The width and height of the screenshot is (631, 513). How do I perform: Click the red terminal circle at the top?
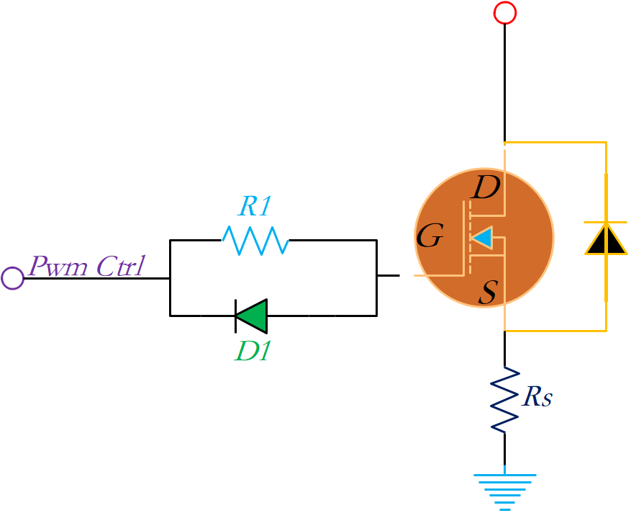(505, 12)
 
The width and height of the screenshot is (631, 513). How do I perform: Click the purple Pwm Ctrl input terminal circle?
(12, 277)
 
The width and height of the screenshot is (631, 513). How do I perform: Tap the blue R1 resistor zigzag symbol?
(255, 240)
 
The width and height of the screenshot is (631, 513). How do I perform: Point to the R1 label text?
(255, 207)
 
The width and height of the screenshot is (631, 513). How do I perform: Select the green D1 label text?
(251, 350)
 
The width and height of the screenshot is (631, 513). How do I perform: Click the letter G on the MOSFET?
(430, 236)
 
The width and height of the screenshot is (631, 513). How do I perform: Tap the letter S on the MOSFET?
(488, 293)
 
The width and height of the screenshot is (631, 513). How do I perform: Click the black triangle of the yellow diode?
(605, 240)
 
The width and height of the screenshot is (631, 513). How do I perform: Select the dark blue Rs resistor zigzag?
(505, 399)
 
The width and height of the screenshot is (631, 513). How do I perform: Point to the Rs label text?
(537, 396)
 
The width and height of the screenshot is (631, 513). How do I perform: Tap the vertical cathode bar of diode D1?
(236, 316)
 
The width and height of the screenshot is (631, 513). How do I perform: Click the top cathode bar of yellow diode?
(605, 222)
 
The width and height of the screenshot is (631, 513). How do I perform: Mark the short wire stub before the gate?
(388, 275)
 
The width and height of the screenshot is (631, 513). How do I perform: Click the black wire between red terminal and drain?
(505, 79)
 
